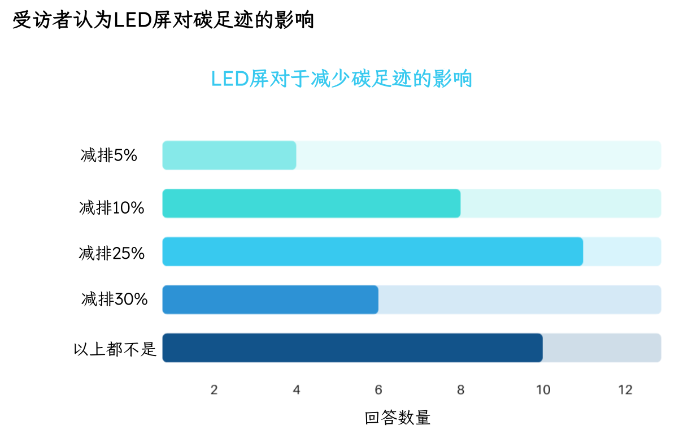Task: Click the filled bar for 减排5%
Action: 229,155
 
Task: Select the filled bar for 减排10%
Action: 311,203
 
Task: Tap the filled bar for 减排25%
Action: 372,251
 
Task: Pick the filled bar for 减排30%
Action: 270,300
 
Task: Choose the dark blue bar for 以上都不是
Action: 352,348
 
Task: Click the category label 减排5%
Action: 109,155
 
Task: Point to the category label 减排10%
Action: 112,208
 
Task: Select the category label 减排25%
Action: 112,253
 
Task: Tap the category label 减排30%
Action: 115,299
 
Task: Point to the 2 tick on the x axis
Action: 214,390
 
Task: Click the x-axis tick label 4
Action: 297,390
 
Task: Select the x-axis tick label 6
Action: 378,390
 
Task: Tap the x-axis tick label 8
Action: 461,390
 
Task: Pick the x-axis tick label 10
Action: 543,390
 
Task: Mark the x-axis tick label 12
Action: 625,390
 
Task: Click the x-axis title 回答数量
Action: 398,418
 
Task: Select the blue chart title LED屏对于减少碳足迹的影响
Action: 342,79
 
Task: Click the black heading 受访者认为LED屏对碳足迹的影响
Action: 163,20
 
